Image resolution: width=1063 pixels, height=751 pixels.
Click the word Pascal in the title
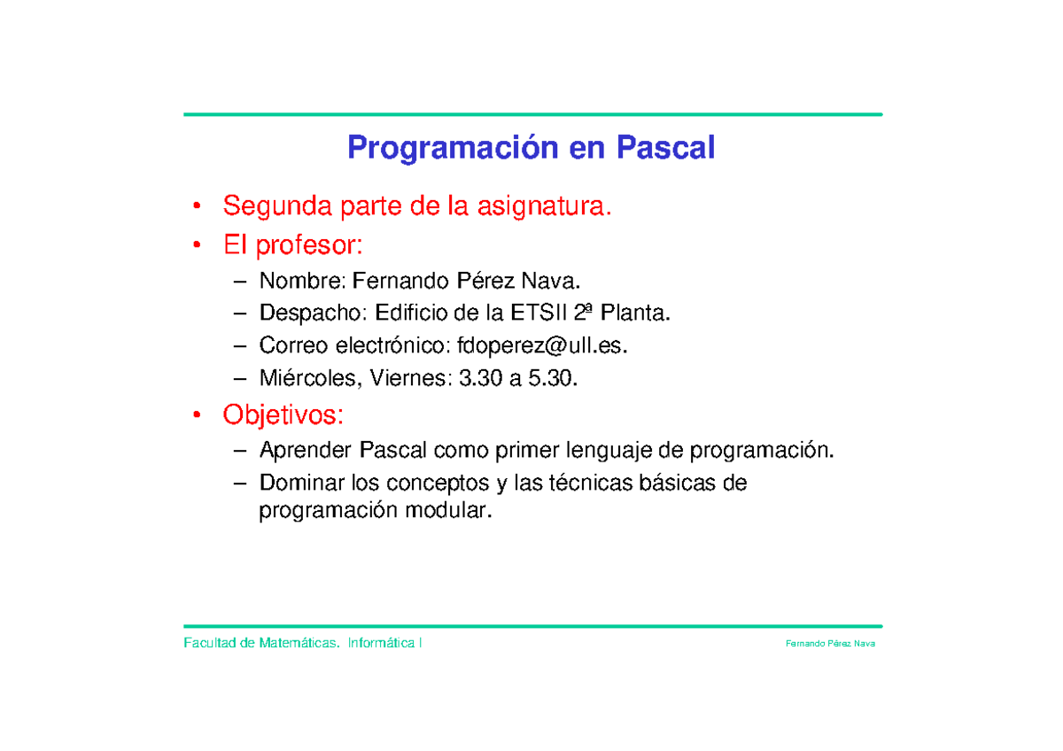[x=665, y=148]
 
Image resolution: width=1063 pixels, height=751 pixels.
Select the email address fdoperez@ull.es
[x=541, y=345]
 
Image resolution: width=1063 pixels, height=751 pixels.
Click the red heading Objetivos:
[x=283, y=414]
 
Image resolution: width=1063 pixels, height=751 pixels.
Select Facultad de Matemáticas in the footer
[x=261, y=643]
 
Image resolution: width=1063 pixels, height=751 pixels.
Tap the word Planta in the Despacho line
[x=632, y=314]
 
